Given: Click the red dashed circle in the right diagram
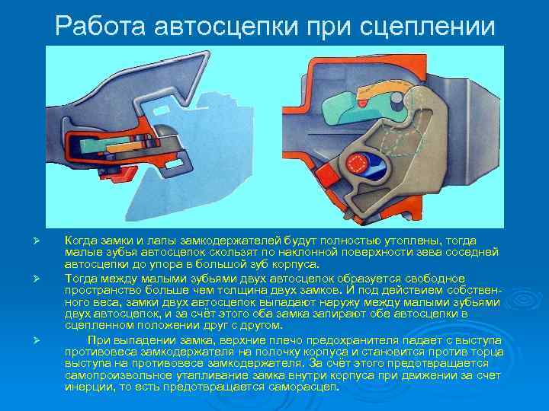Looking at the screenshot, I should click(x=356, y=164).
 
